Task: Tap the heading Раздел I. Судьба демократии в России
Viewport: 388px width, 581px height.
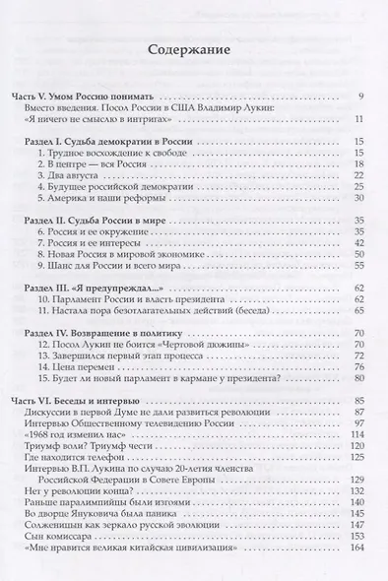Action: [x=107, y=143]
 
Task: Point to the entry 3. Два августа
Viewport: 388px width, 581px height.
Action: [x=68, y=172]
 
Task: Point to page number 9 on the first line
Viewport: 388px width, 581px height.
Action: [x=361, y=97]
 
